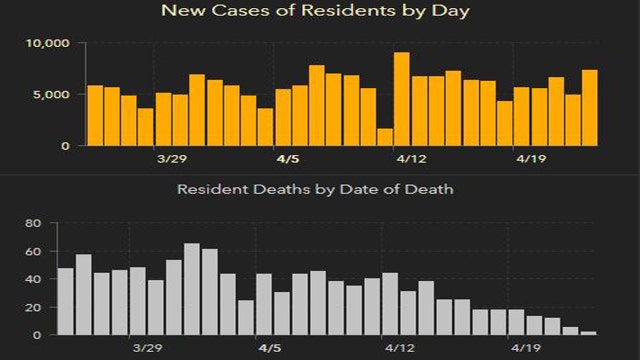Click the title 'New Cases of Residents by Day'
[x=319, y=12]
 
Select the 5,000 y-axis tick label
[x=51, y=95]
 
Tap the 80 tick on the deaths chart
[x=31, y=223]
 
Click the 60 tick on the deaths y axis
[x=31, y=251]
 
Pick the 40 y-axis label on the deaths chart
[x=31, y=279]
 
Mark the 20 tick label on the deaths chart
[x=31, y=307]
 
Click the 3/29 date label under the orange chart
[x=171, y=159]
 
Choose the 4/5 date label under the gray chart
[x=270, y=349]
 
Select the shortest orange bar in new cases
[x=385, y=137]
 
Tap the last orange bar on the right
[x=590, y=108]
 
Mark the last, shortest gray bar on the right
[x=588, y=332]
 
